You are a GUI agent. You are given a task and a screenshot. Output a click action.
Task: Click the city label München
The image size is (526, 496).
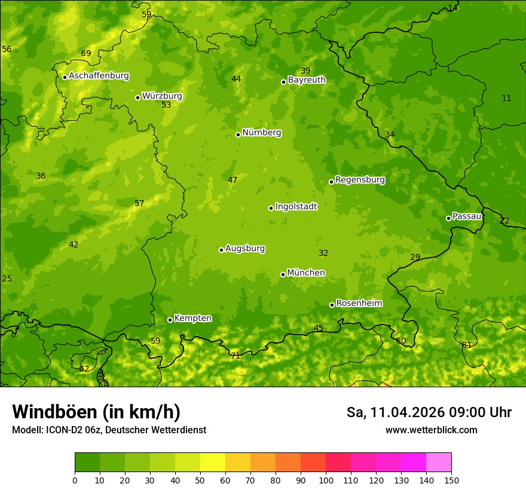click(x=306, y=273)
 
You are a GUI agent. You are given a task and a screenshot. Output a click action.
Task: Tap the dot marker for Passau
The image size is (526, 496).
click(x=448, y=218)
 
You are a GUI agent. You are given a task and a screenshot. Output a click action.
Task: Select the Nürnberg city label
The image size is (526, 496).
click(x=261, y=133)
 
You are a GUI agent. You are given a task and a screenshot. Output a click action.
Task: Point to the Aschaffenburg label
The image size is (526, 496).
click(x=99, y=76)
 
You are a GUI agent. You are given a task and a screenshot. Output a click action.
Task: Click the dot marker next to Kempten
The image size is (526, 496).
click(x=170, y=320)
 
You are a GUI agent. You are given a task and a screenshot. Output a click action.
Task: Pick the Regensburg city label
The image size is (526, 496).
click(x=360, y=180)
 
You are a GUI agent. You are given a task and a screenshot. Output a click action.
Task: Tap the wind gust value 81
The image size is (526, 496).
click(x=466, y=345)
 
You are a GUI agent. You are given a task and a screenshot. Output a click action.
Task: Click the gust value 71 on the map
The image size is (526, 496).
click(x=236, y=356)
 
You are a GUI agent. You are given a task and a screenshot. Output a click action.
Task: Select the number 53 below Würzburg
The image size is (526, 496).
click(x=166, y=105)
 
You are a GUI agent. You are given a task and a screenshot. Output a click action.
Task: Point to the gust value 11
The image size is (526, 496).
click(x=506, y=98)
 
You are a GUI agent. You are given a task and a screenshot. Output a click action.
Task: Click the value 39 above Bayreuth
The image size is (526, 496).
click(x=305, y=71)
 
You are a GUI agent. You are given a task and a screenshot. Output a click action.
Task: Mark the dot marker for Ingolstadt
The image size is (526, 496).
click(x=271, y=208)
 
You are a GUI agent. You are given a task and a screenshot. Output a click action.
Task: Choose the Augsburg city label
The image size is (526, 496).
click(x=245, y=249)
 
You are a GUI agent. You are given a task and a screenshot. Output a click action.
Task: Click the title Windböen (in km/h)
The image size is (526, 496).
click(x=96, y=412)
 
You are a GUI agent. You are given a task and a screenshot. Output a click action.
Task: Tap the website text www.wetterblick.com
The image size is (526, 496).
click(x=431, y=430)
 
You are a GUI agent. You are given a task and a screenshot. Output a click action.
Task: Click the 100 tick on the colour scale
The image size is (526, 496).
click(x=326, y=480)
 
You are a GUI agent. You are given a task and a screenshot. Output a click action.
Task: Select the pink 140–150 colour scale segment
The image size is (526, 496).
click(x=439, y=463)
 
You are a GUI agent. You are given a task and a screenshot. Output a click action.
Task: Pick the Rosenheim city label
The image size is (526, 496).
click(x=359, y=304)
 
